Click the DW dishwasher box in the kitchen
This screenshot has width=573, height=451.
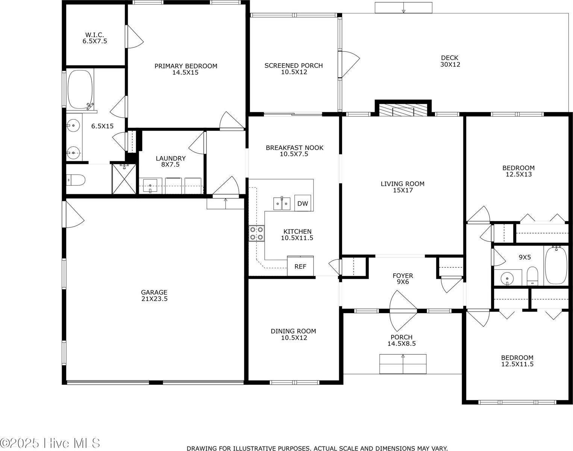click(302, 203)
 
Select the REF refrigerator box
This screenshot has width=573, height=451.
click(300, 266)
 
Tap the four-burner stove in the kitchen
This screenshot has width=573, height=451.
click(256, 233)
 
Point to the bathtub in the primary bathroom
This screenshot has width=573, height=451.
click(80, 89)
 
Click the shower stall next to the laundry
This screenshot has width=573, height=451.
click(125, 179)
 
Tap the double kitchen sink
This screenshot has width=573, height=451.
click(282, 203)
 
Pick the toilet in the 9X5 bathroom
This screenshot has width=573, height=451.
click(532, 276)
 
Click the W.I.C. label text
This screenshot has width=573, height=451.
click(95, 35)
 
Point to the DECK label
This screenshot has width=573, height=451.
click(450, 58)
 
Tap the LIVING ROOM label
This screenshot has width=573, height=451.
click(402, 184)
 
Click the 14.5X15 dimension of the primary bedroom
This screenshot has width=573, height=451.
click(185, 73)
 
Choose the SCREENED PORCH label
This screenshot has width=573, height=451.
click(293, 66)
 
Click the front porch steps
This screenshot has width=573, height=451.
click(403, 364)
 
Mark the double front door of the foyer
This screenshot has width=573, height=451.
click(403, 310)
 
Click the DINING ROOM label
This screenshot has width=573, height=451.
click(293, 331)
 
